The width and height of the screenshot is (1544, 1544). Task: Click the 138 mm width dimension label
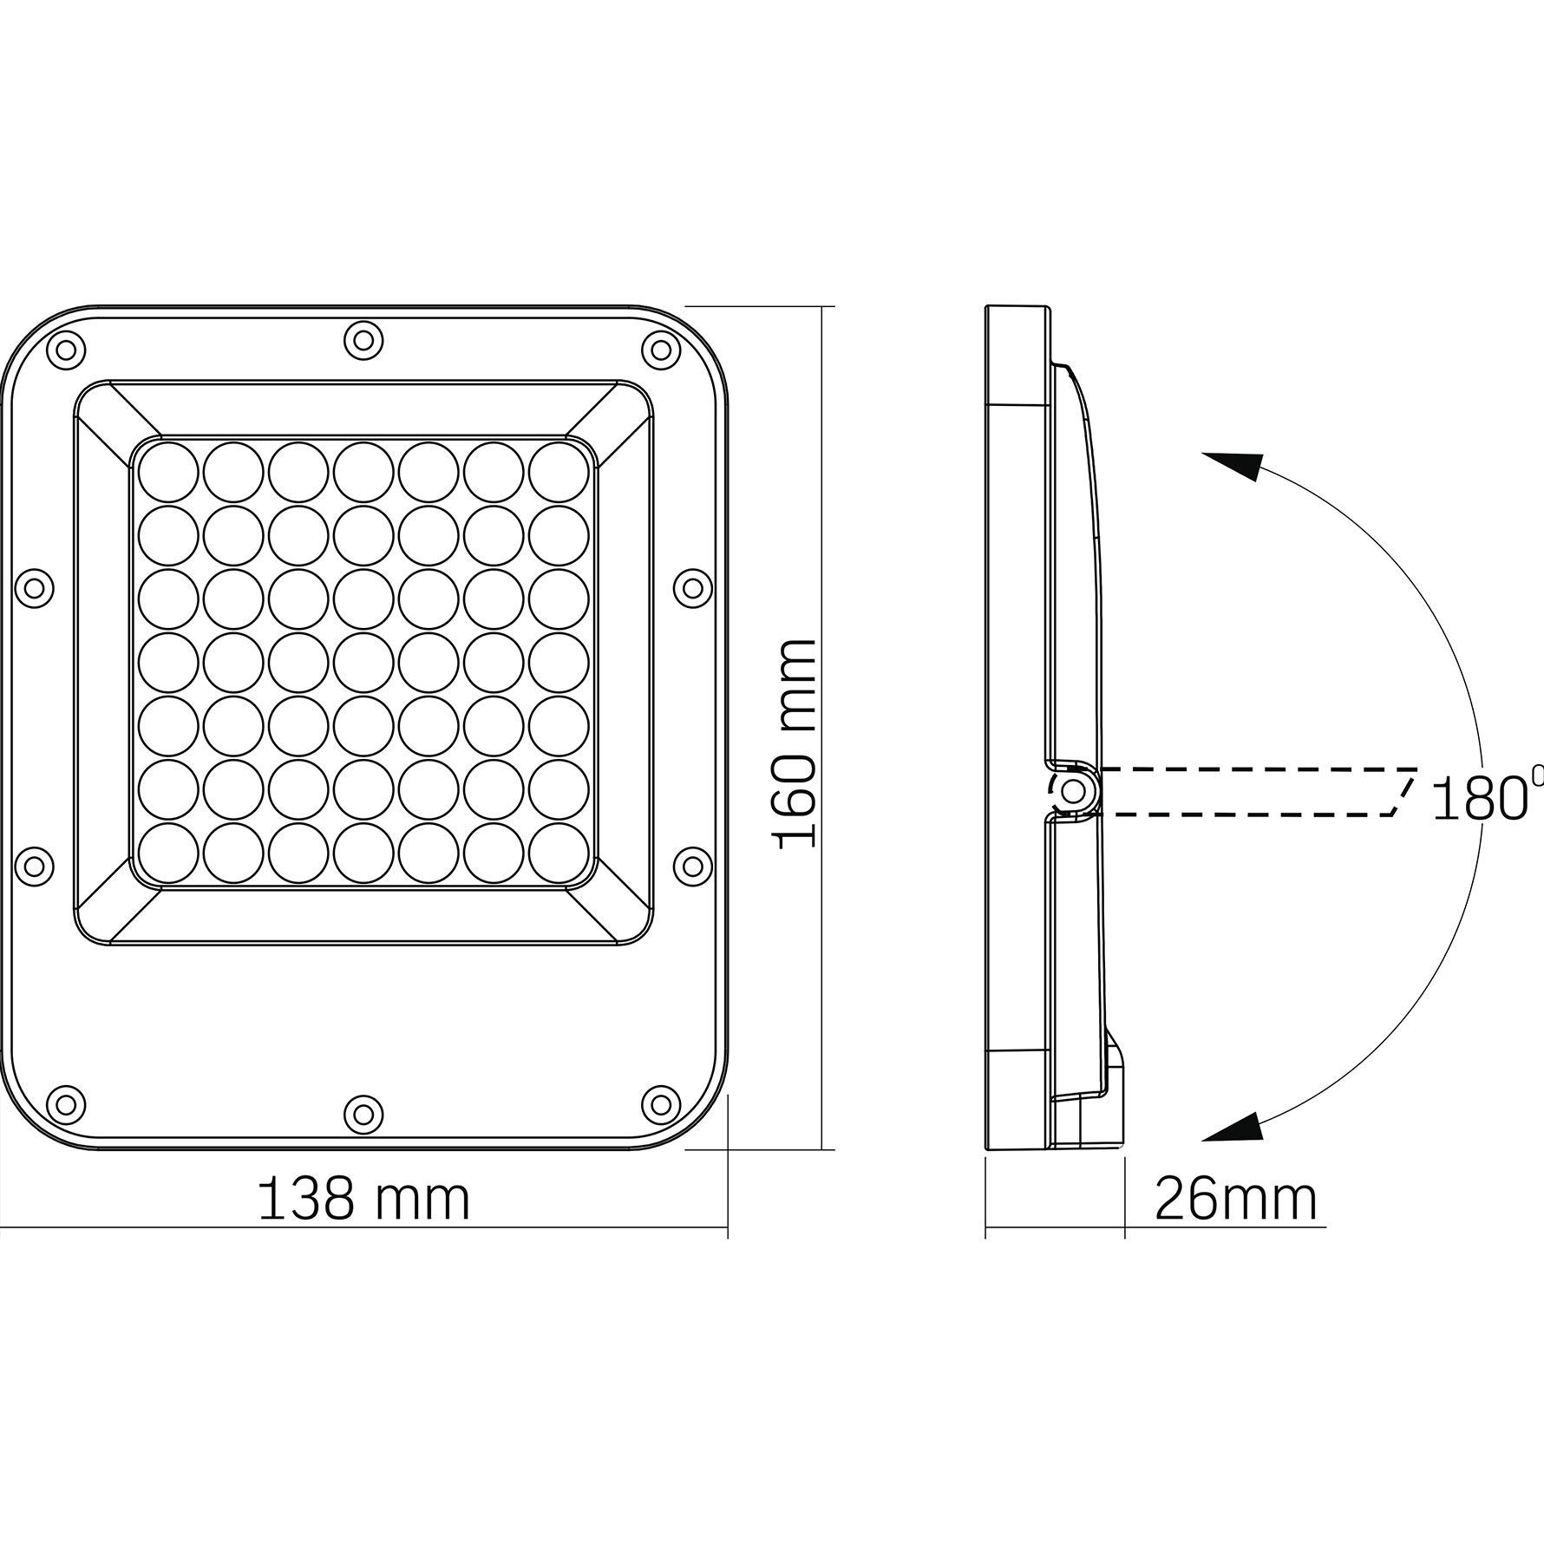(364, 1200)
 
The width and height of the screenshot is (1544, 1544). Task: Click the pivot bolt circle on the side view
(1074, 791)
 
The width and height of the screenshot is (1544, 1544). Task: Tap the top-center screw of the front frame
(363, 339)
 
